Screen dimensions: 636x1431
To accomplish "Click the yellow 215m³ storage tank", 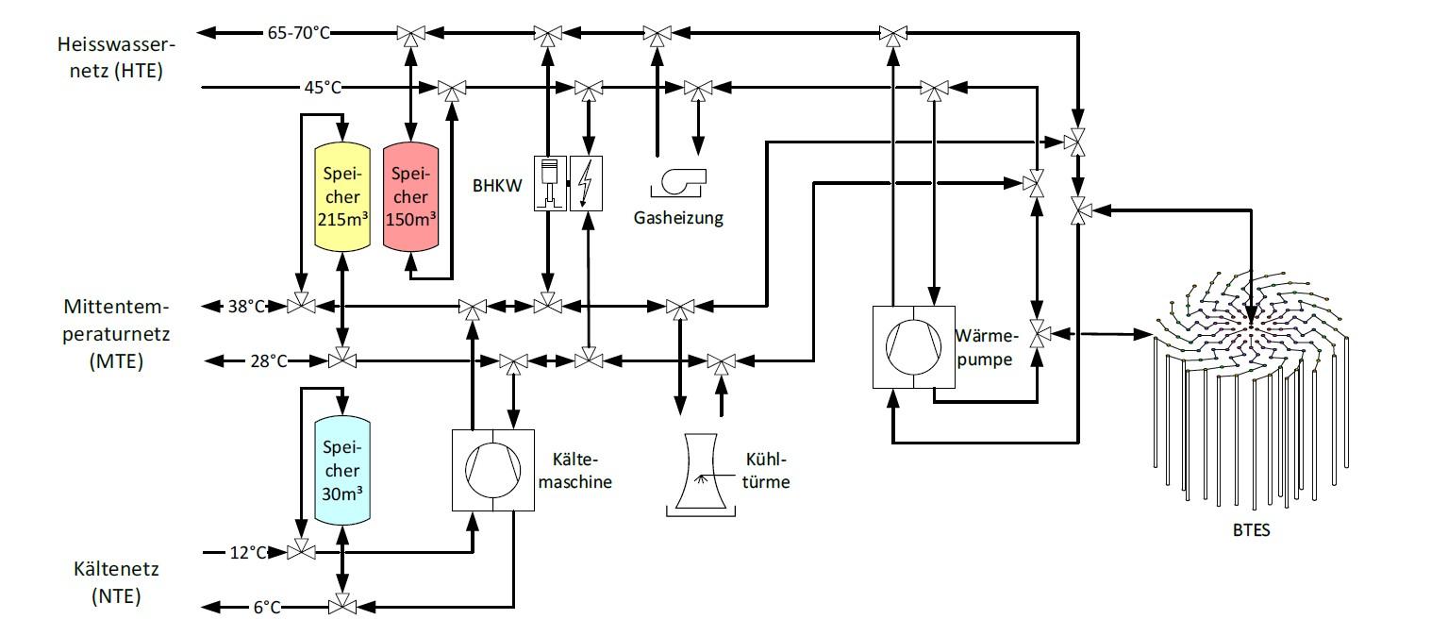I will click(x=341, y=196).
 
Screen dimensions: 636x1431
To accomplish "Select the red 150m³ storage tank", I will click(x=410, y=196).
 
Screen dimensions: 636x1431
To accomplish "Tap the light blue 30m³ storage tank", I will click(x=341, y=469).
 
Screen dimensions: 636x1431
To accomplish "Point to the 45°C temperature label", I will click(x=321, y=87).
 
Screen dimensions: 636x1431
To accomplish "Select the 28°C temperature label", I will click(x=268, y=360).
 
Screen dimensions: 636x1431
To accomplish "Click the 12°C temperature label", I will click(x=248, y=551).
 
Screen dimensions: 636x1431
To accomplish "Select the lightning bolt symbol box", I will click(x=587, y=182).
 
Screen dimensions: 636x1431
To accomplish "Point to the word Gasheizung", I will click(x=678, y=218).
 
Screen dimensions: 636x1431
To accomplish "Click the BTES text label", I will click(x=1252, y=529).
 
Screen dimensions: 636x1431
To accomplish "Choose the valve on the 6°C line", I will click(x=341, y=605).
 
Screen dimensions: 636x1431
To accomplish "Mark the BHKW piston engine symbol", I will click(x=549, y=182).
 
